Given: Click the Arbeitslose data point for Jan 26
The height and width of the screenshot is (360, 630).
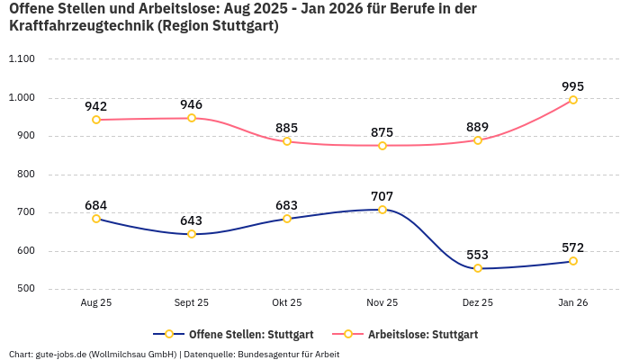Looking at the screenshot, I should click(x=573, y=100).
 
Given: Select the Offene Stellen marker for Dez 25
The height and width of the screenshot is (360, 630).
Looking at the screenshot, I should click(x=478, y=268).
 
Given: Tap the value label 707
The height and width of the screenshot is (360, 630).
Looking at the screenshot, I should click(x=382, y=196).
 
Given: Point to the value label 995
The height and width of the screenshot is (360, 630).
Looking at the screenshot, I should click(x=573, y=86).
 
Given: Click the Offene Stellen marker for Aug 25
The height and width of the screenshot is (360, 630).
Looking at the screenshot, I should click(x=96, y=219).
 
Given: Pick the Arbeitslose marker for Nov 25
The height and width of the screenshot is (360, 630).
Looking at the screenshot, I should click(x=382, y=146).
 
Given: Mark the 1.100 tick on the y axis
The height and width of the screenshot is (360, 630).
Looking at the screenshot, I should click(x=21, y=59).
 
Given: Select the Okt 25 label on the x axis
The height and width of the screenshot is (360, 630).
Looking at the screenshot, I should click(x=287, y=303).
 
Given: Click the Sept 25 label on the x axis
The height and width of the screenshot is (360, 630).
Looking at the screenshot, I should click(x=192, y=303).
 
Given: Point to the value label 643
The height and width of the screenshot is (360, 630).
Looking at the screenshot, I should click(x=192, y=220).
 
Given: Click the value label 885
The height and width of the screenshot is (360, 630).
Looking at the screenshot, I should click(x=287, y=128).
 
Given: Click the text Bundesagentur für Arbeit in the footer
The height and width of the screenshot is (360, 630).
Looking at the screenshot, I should click(x=288, y=354).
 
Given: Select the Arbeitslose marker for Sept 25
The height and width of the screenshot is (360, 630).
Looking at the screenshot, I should click(x=192, y=118).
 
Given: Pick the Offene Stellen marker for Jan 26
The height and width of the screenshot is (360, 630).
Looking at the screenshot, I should click(x=573, y=261).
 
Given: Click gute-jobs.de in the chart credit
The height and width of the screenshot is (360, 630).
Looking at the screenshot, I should click(x=61, y=354).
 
